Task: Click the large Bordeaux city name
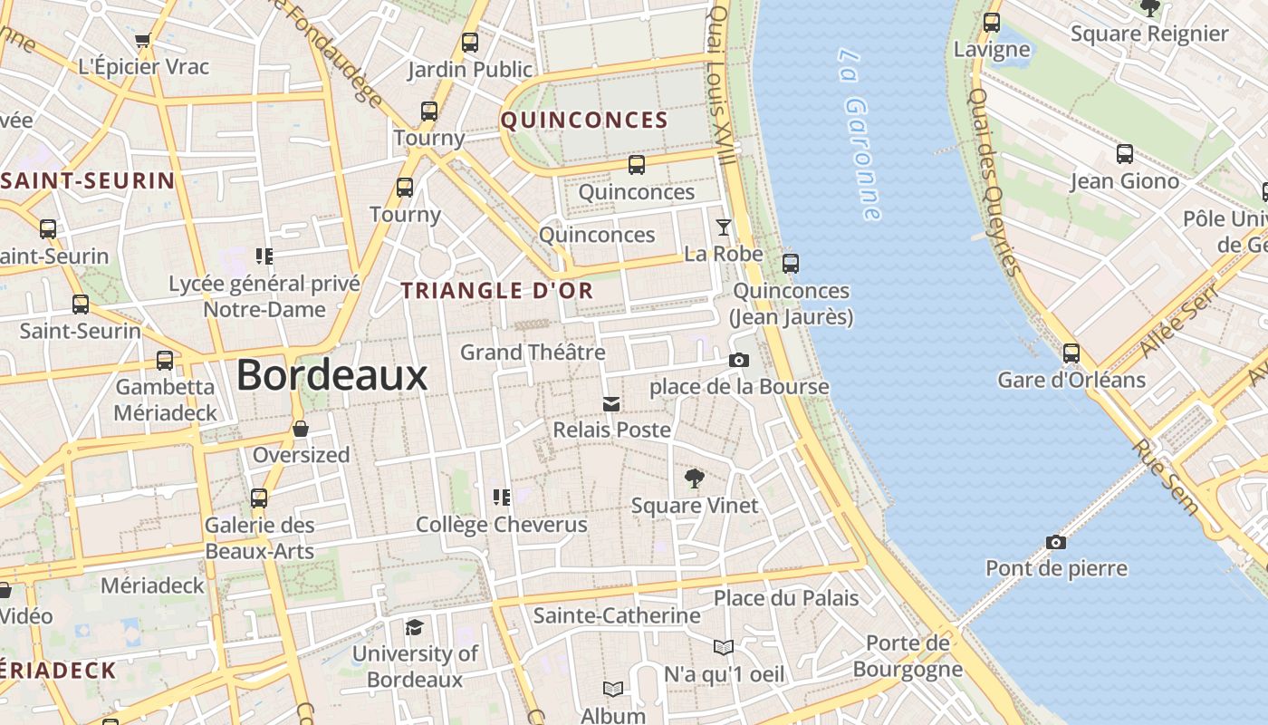[331, 375]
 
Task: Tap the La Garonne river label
[859, 134]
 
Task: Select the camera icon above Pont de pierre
[1055, 542]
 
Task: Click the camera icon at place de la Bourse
[738, 360]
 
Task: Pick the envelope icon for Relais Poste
[611, 403]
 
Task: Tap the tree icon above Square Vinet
[695, 478]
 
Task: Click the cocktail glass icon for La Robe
[723, 227]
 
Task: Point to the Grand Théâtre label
[533, 352]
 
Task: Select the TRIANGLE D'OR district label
[497, 291]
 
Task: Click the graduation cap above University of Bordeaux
[414, 627]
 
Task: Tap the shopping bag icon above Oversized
[301, 428]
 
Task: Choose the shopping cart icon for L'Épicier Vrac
[142, 40]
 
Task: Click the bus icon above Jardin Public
[469, 42]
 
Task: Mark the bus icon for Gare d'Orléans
[1071, 353]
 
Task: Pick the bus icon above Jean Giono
[1124, 154]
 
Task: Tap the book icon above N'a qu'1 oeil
[723, 647]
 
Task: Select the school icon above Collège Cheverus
[501, 497]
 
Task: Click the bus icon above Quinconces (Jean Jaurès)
[791, 264]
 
